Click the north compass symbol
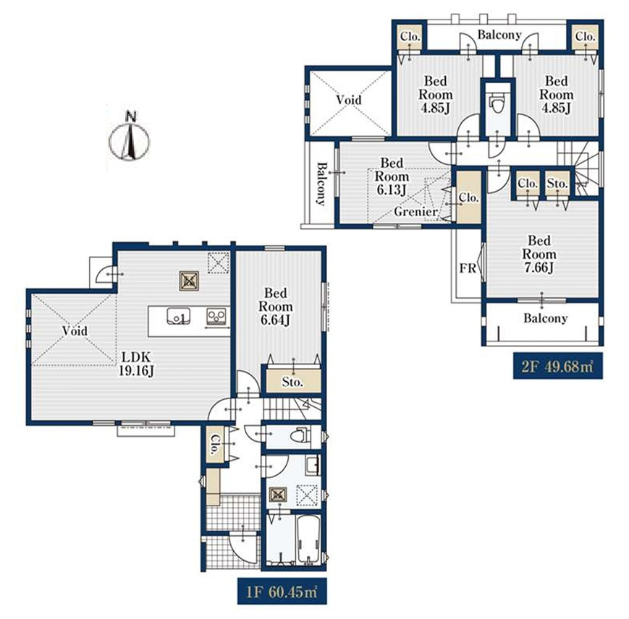(x=130, y=138)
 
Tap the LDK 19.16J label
(x=136, y=364)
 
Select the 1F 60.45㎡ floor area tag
(x=282, y=591)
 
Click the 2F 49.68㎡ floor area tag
(x=557, y=366)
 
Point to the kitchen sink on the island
(x=179, y=316)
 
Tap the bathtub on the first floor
(x=308, y=539)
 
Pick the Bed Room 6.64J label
(x=276, y=307)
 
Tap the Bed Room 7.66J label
(x=539, y=255)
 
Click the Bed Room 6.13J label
(x=392, y=176)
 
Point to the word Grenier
(x=415, y=212)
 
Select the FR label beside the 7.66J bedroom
(x=468, y=268)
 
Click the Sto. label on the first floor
(x=292, y=383)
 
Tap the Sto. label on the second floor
(x=557, y=184)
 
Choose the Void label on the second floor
(x=349, y=100)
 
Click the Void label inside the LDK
(x=75, y=331)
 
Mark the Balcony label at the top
(x=499, y=35)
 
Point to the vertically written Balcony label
(x=321, y=184)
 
